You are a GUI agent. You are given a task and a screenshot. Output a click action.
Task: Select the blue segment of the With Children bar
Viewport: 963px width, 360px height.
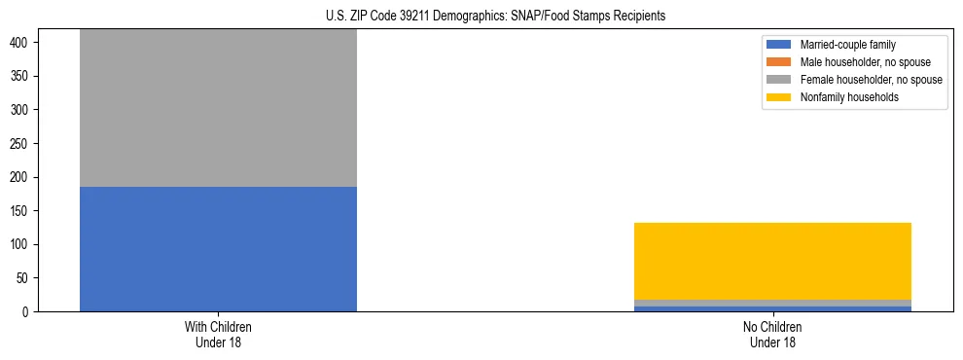tap(218, 248)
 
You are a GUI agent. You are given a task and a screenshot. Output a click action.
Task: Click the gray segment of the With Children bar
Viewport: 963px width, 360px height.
tap(218, 107)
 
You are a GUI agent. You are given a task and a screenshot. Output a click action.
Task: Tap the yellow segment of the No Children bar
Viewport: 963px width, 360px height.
tap(772, 261)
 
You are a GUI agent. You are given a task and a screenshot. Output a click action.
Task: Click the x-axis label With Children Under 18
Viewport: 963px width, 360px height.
tap(218, 334)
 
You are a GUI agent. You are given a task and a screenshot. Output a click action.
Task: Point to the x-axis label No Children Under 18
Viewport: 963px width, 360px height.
tap(772, 334)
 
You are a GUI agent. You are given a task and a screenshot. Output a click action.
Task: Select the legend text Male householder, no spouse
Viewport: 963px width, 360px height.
tap(857, 62)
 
